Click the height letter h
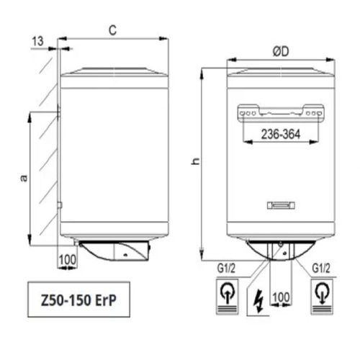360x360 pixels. (x=194, y=163)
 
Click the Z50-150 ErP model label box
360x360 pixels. (x=76, y=301)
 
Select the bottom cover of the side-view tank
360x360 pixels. (x=115, y=251)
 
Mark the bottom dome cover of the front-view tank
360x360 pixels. (x=276, y=248)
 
